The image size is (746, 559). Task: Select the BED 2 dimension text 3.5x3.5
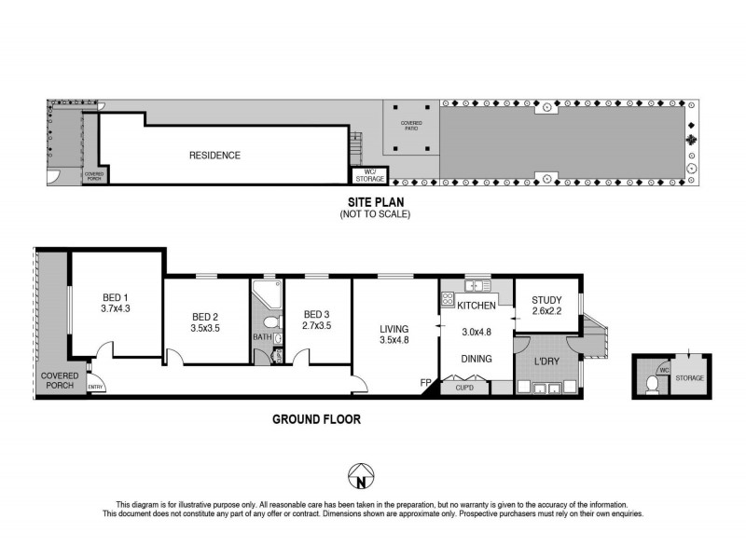coord(206,329)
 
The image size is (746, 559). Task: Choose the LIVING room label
coord(395,329)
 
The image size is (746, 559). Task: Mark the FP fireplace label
coord(425,382)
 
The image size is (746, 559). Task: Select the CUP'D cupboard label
coord(464,389)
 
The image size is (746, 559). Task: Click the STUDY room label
coord(546,299)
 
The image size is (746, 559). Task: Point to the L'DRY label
coord(546,361)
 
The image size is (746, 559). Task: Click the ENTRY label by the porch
coord(95,387)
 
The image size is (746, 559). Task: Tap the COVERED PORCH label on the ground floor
coord(59,380)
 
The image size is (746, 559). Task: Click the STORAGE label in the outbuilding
coord(690,377)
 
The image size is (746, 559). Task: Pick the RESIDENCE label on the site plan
coord(215,156)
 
